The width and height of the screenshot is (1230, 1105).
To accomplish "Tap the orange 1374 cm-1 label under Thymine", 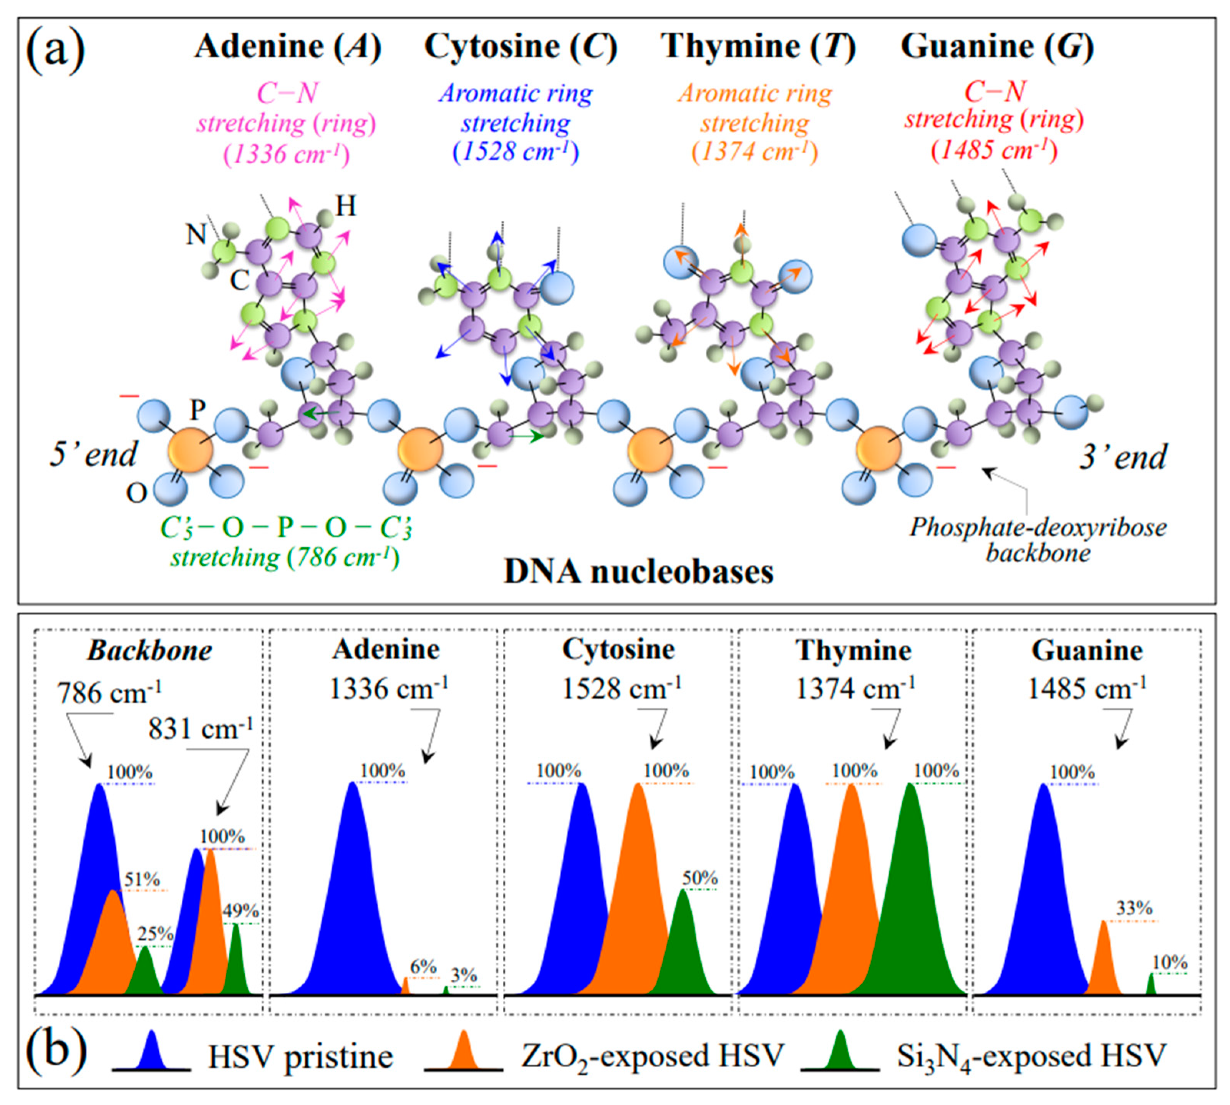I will coord(756,152).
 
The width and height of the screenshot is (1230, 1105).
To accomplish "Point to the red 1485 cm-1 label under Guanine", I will coord(995,150).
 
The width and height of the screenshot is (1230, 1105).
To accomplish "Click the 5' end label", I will coord(93,454).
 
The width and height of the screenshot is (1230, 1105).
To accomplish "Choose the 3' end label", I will coord(1122,457).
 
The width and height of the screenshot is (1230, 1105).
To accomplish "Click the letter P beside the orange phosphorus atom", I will coord(198,410).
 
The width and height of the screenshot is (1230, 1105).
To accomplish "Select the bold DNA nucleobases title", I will coord(638,572).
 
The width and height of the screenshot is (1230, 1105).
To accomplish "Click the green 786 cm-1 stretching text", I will coord(285,557).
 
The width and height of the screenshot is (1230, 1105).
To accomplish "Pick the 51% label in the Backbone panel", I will coord(142,880).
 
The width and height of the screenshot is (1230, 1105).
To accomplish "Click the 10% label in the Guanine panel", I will coord(1170,963).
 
